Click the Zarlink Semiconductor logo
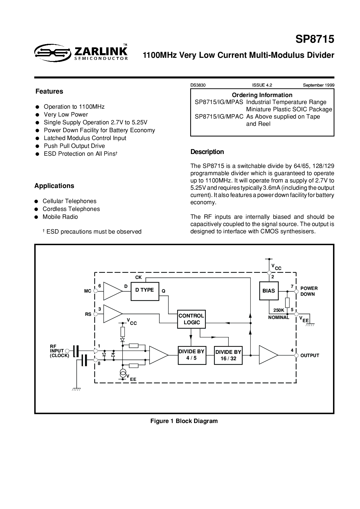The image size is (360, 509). (81, 52)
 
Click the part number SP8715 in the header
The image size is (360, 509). (315, 39)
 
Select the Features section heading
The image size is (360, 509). (49, 91)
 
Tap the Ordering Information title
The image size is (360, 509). (262, 95)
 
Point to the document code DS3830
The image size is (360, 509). (198, 85)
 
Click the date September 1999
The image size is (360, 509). (319, 85)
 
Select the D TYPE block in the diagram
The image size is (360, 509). (145, 291)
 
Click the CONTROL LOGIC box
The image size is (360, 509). (191, 319)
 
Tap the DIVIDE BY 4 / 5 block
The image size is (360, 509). (191, 355)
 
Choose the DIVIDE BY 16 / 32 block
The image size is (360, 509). (228, 355)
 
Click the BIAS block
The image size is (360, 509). (269, 291)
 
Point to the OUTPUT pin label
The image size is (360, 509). (310, 356)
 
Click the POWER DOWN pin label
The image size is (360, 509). (309, 291)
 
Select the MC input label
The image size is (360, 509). (88, 291)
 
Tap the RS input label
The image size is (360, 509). (88, 314)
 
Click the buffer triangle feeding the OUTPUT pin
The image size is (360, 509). (268, 355)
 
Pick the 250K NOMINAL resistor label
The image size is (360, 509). (279, 314)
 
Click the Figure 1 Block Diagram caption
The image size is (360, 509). (184, 421)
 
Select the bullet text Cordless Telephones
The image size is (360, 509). (71, 209)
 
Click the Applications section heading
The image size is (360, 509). (54, 186)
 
